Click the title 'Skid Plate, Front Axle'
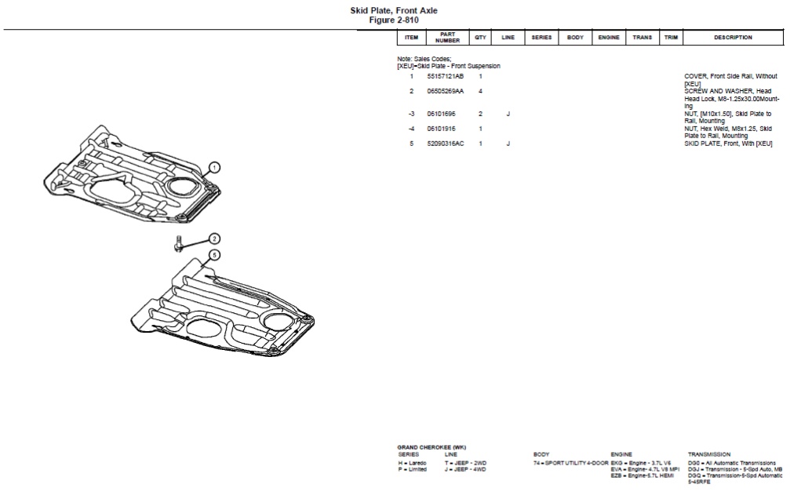click(x=394, y=10)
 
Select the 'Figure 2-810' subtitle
click(x=394, y=20)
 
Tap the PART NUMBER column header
click(x=447, y=38)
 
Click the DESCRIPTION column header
click(x=733, y=38)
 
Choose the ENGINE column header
click(x=609, y=38)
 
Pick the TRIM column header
click(x=671, y=38)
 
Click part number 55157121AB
click(x=445, y=76)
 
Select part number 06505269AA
click(x=445, y=91)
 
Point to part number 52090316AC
click(x=445, y=144)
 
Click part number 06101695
click(x=440, y=114)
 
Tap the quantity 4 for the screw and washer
click(x=480, y=91)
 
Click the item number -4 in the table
click(x=411, y=129)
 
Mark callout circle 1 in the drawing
click(x=214, y=167)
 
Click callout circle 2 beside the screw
click(x=214, y=239)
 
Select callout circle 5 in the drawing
click(x=214, y=255)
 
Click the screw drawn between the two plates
click(x=179, y=244)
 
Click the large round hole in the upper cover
click(x=186, y=188)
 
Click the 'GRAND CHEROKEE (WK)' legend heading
click(x=431, y=447)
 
